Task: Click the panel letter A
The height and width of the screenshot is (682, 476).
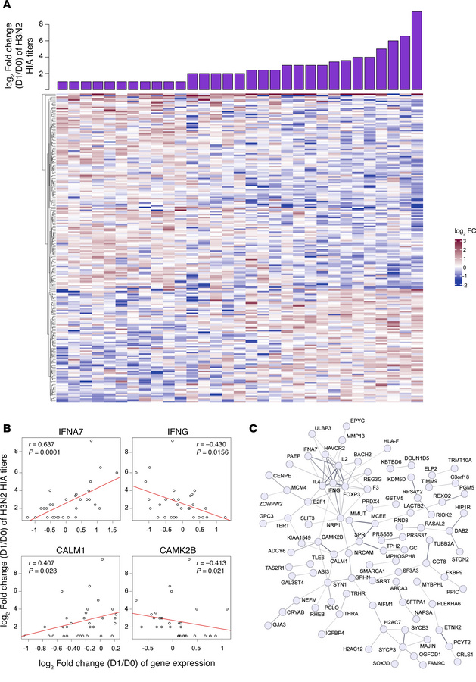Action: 6,5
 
